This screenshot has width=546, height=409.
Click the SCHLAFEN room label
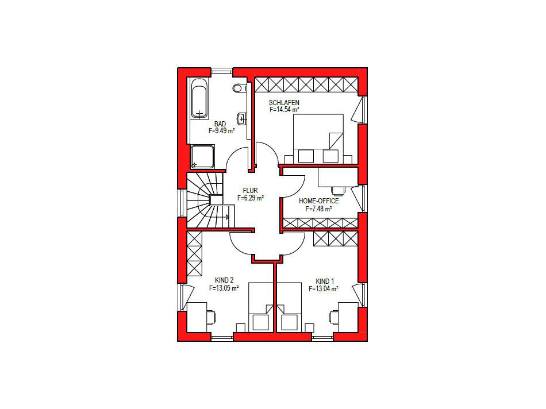284,102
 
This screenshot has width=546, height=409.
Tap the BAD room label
220,124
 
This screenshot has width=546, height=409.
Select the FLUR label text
250,191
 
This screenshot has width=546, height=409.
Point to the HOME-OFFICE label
318,202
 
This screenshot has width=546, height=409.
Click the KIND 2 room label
224,281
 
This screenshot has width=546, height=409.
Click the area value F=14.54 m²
284,109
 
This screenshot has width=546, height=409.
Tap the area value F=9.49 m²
221,131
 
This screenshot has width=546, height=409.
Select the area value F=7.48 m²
318,209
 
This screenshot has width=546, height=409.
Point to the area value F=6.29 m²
250,198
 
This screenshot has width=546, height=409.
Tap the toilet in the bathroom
239,88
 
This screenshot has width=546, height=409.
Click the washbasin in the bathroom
243,119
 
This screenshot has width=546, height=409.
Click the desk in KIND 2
198,317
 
